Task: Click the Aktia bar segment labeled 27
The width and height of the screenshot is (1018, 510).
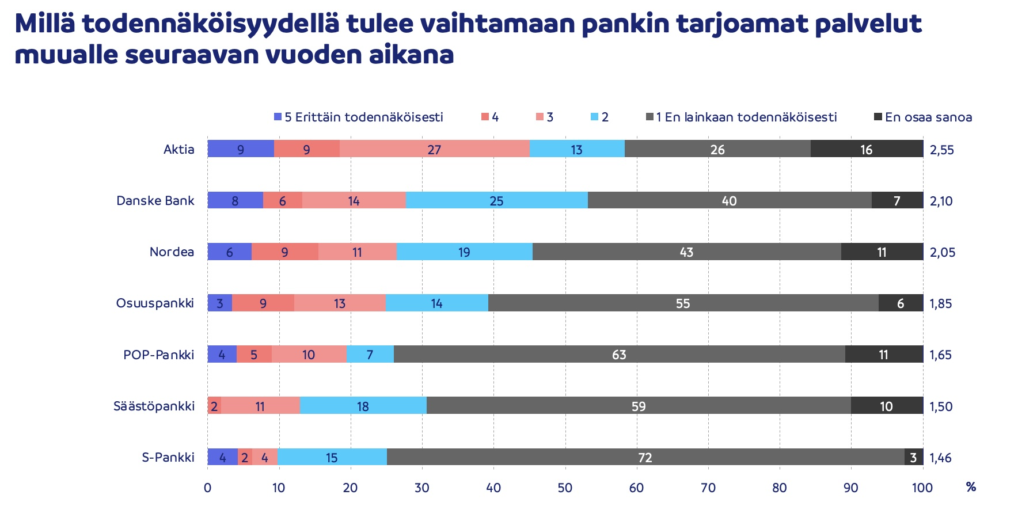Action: tap(434, 149)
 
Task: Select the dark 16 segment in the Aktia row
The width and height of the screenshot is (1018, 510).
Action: tap(867, 149)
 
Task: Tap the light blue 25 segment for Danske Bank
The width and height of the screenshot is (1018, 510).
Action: tap(496, 200)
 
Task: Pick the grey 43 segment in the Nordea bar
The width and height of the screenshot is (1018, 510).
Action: tap(686, 252)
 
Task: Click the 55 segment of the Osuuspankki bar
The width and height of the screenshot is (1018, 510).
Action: tap(683, 303)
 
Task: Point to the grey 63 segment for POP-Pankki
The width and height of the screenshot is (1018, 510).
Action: tap(619, 354)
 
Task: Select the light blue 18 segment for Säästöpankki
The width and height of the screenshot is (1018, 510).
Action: tap(363, 406)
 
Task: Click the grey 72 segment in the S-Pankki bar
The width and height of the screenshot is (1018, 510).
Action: tap(645, 457)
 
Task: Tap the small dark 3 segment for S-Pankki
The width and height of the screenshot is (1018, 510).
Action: tap(913, 457)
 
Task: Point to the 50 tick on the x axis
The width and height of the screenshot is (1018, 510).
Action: tap(565, 488)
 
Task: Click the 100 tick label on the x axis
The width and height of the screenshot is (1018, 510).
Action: tap(922, 488)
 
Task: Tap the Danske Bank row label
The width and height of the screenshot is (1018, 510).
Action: tap(155, 200)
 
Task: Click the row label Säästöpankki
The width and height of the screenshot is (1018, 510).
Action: tap(154, 406)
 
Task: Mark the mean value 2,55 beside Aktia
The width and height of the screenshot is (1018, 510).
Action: tap(942, 150)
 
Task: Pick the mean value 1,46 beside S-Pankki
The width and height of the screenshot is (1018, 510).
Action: tap(940, 458)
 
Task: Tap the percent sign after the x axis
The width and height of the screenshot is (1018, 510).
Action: tap(971, 488)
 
